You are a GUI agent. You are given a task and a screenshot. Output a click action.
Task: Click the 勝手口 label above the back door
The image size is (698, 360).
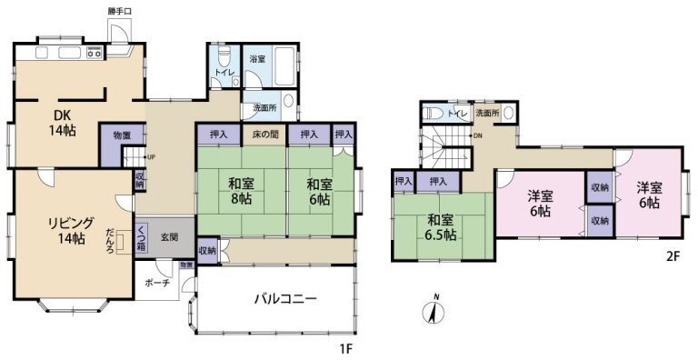tap(120, 12)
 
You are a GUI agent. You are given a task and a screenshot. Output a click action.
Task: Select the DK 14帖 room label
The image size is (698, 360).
tap(62, 123)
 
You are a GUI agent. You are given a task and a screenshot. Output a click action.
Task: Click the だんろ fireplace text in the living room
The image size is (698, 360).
tap(110, 238)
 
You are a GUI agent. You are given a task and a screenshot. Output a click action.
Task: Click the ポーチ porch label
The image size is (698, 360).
tap(156, 283)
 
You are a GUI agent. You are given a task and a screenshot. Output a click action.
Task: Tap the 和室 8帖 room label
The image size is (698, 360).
tap(241, 190)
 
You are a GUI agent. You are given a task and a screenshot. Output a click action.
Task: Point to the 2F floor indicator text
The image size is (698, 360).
tap(673, 256)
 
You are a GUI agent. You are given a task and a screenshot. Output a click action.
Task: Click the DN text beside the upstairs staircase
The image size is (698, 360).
tap(478, 136)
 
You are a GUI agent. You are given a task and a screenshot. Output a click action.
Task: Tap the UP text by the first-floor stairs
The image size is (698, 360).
tap(150, 155)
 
